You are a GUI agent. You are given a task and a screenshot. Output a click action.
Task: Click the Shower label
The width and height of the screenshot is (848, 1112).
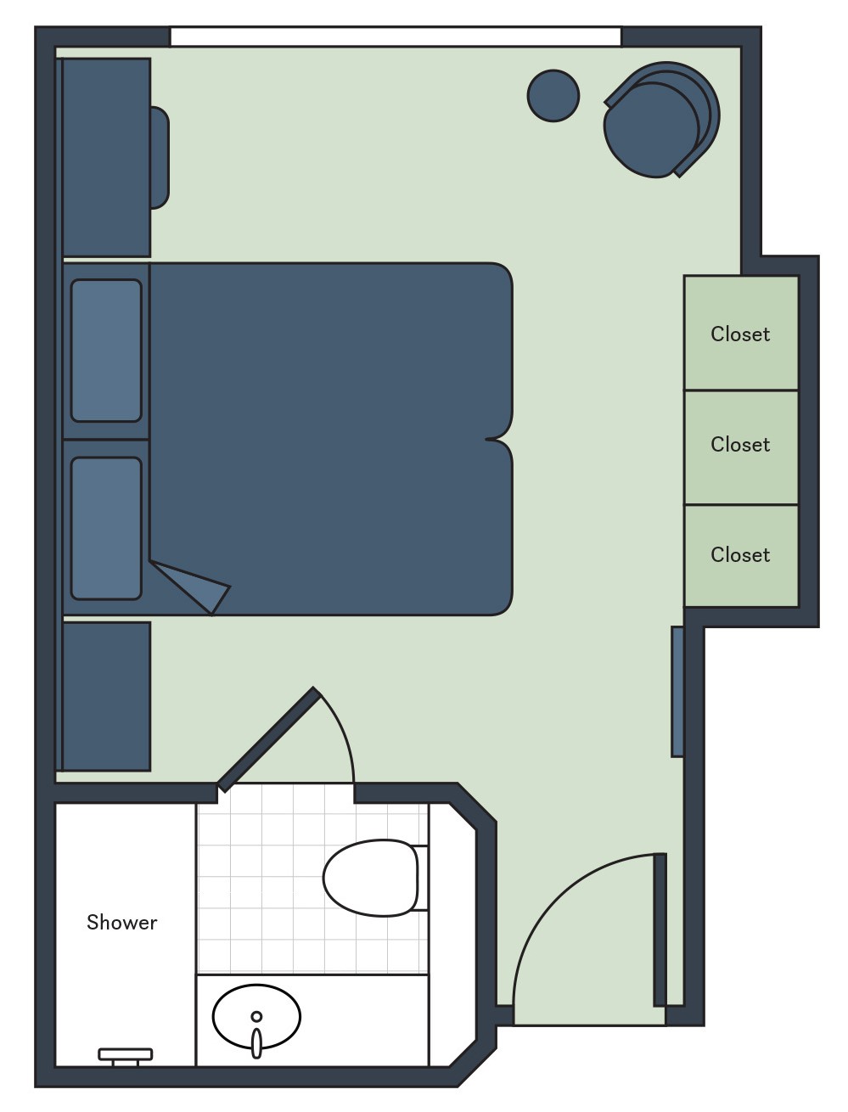pyautogui.click(x=121, y=922)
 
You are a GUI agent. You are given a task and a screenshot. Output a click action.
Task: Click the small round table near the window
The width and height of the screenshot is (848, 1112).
pyautogui.click(x=553, y=96)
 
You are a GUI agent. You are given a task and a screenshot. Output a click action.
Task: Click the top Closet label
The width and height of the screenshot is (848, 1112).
pyautogui.click(x=740, y=334)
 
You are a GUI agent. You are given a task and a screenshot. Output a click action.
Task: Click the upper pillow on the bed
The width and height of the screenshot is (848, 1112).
pyautogui.click(x=106, y=351)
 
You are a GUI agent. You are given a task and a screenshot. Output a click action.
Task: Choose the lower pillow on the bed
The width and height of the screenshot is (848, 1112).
pyautogui.click(x=106, y=528)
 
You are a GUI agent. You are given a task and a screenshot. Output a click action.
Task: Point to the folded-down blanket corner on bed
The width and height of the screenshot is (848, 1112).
pyautogui.click(x=194, y=586)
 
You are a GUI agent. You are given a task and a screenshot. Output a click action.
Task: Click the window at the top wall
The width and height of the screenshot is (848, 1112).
pyautogui.click(x=396, y=37)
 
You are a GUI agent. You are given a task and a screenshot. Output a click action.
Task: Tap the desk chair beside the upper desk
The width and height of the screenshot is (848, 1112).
pyautogui.click(x=160, y=158)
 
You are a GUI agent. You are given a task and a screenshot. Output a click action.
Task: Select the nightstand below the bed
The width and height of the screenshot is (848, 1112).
pyautogui.click(x=107, y=696)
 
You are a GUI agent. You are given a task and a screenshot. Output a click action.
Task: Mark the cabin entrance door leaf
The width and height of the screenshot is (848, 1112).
pyautogui.click(x=660, y=929)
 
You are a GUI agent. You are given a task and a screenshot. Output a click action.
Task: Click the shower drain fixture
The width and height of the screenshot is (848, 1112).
pyautogui.click(x=126, y=1055)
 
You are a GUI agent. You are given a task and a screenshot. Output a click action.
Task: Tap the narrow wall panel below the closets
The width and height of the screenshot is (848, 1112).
pyautogui.click(x=677, y=691)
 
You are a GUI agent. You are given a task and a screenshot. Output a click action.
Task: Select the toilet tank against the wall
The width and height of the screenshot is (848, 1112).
pyautogui.click(x=419, y=878)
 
